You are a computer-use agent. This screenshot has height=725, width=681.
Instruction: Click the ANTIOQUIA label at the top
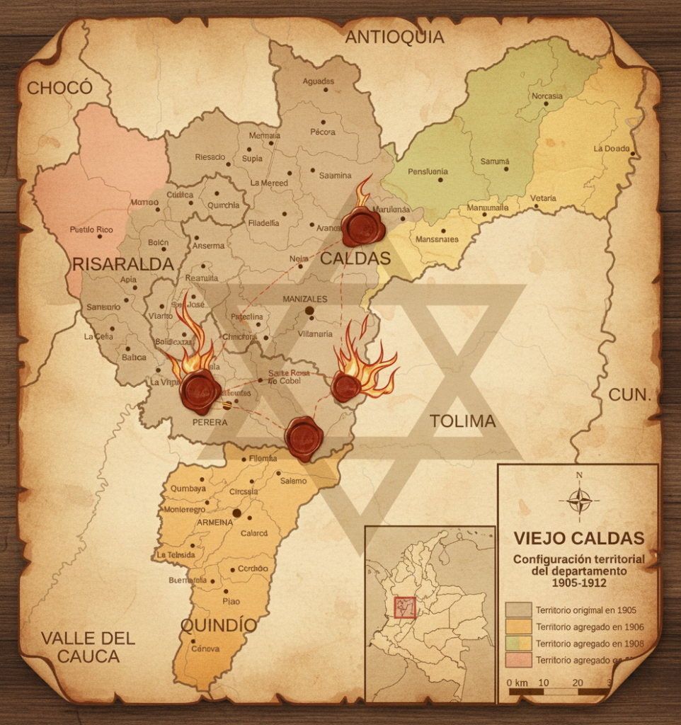tap(394, 38)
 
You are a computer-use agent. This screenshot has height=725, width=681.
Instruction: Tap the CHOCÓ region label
tap(59, 88)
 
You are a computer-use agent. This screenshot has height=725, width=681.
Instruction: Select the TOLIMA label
tap(462, 421)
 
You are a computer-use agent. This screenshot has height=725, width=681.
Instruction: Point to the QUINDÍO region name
tap(218, 625)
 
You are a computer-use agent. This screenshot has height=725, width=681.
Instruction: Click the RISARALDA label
tap(123, 265)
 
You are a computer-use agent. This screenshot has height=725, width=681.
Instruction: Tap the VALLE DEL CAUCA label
tap(88, 647)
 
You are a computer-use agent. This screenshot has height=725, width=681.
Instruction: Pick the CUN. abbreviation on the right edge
tap(629, 395)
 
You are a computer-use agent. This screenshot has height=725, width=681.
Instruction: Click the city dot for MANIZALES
tap(309, 310)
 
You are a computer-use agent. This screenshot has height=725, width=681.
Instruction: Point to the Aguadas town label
tap(318, 81)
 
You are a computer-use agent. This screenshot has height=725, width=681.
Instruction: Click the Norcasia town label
tap(546, 96)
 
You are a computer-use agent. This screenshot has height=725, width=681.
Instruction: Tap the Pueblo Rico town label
tap(91, 230)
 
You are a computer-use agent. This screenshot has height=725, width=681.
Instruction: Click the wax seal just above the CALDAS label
tap(362, 227)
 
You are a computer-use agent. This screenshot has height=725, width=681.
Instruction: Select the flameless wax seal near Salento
tap(304, 438)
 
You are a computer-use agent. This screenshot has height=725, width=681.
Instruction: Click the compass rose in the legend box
tap(579, 501)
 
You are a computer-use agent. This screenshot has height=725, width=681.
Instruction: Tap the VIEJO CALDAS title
tap(578, 537)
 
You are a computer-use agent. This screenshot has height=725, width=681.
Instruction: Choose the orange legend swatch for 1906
tap(518, 626)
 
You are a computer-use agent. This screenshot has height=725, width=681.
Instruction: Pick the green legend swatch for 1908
tap(518, 643)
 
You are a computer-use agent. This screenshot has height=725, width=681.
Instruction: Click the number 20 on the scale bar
tap(577, 683)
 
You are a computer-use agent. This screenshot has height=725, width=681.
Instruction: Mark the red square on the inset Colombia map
tap(404, 607)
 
